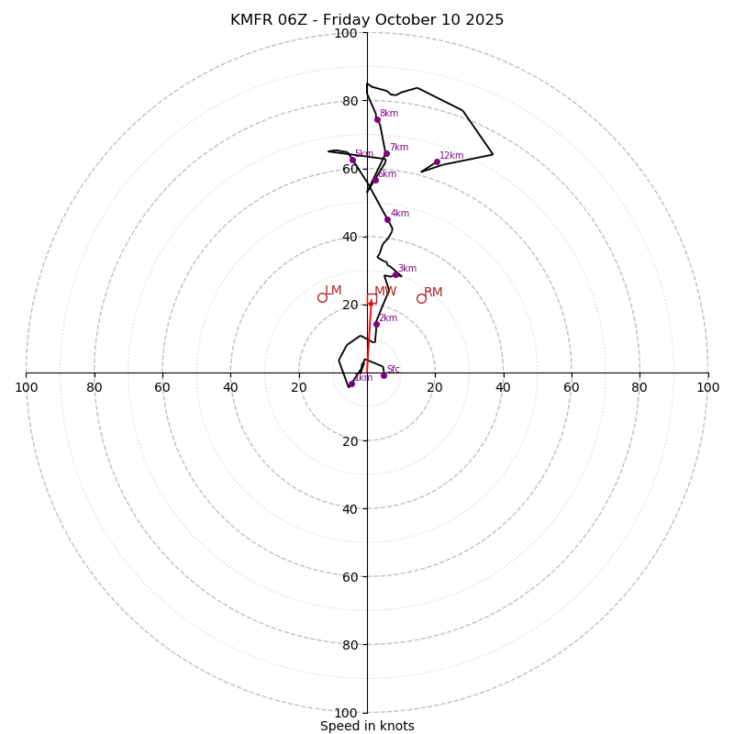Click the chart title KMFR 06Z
tap(367, 20)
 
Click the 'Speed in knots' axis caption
tap(367, 726)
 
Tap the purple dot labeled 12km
tap(437, 162)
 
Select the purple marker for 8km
tap(377, 119)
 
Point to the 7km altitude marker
tap(386, 153)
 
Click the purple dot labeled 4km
tap(387, 219)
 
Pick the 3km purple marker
tap(395, 274)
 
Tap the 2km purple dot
tap(376, 324)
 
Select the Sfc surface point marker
tap(384, 375)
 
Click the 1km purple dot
tap(350, 384)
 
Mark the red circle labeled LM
tap(322, 297)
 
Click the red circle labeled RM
tap(421, 298)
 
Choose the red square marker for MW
tap(372, 298)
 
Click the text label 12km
tap(451, 156)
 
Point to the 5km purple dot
tap(352, 160)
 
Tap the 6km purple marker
tap(375, 180)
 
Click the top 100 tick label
tap(345, 34)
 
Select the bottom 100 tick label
tap(345, 713)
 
